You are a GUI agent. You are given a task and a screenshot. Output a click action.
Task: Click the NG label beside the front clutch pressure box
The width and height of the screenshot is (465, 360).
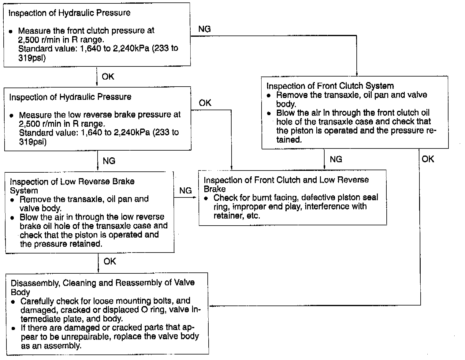(x=204, y=29)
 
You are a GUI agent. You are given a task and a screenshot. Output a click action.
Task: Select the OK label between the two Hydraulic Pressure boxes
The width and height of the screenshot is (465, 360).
(x=108, y=77)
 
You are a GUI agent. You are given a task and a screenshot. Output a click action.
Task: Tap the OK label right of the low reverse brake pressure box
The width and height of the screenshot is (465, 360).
(x=205, y=103)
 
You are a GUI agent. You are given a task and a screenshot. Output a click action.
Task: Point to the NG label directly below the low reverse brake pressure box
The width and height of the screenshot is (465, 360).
(x=109, y=161)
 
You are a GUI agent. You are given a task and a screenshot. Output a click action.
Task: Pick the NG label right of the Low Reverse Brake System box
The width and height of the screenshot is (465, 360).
(x=185, y=191)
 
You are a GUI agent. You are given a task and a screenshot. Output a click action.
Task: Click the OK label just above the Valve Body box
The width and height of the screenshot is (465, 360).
(x=110, y=261)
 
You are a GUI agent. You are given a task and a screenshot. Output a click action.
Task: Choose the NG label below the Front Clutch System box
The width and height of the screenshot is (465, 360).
(x=336, y=159)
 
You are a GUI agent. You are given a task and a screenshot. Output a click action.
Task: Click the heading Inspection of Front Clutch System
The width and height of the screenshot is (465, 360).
(x=330, y=86)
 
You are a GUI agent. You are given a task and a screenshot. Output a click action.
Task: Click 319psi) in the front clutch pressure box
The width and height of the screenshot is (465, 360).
(x=32, y=58)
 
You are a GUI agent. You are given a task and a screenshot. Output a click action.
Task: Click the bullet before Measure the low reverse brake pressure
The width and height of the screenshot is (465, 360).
(x=12, y=116)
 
